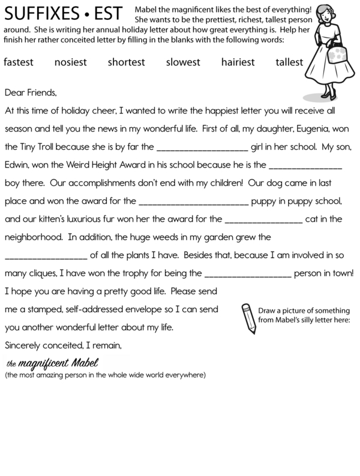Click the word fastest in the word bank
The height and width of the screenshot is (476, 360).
(19, 62)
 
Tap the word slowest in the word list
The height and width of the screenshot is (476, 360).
(184, 62)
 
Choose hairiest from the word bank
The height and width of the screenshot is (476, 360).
(238, 62)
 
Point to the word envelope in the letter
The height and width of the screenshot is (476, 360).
(172, 310)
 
